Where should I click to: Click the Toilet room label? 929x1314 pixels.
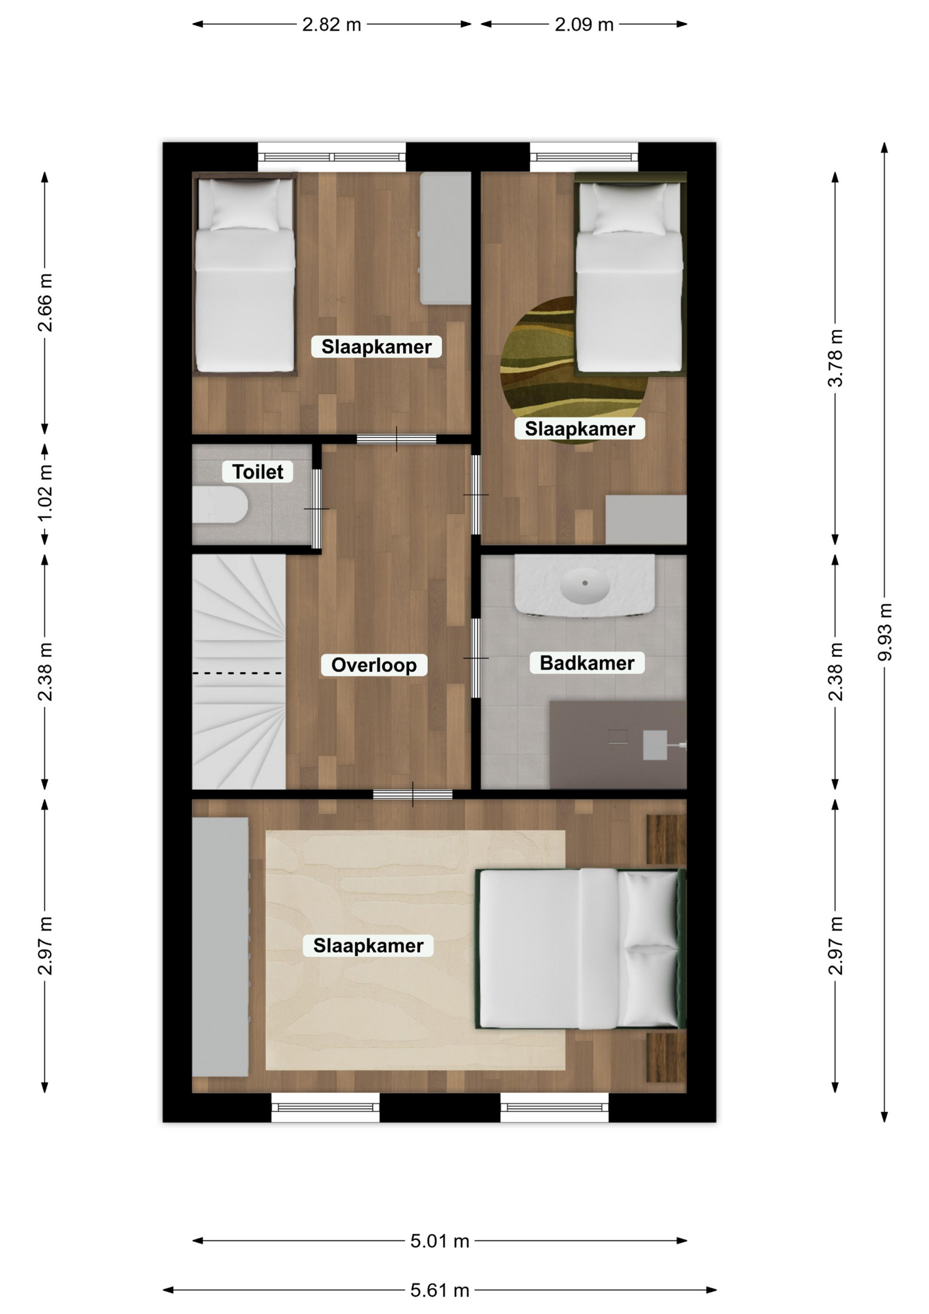coord(257,472)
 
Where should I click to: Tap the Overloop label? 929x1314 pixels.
coord(374,665)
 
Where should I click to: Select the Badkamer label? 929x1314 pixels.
coord(587,662)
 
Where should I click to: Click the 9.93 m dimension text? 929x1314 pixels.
coord(885,632)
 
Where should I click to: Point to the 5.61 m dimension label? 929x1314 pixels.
coord(440,1290)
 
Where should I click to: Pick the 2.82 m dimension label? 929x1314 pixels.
coord(332,25)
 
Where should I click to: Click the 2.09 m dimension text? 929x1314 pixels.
coord(584,25)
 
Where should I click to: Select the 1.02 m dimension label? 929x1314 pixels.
coord(45,493)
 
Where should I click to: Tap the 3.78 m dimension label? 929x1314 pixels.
coord(835,358)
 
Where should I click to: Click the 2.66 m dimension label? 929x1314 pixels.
coord(45,302)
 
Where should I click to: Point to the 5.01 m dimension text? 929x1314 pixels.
coord(440,1241)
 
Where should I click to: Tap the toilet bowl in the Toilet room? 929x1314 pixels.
coord(220,504)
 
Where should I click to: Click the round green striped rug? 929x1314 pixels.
coord(573,370)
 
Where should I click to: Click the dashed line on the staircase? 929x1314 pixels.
coord(237,673)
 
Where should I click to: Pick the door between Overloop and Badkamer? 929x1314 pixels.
coord(476,658)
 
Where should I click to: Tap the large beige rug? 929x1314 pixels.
coord(415,950)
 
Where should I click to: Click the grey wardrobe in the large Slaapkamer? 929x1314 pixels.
coord(220,947)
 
